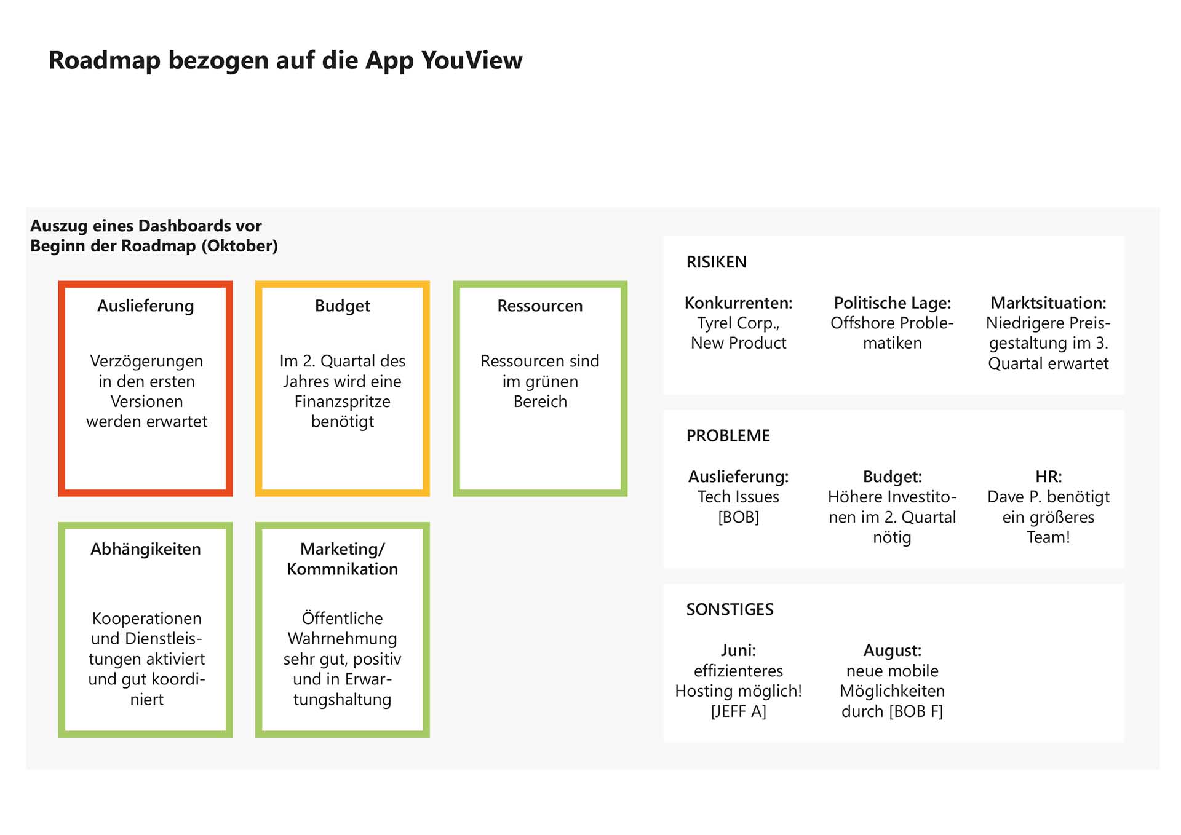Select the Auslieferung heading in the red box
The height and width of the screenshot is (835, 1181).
[x=146, y=306]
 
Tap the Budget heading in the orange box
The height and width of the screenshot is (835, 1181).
[x=343, y=306]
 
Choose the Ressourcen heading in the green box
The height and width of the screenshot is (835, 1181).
[x=540, y=306]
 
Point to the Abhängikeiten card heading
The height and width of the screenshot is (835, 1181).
[x=146, y=549]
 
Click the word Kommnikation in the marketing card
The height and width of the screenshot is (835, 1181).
[x=343, y=569]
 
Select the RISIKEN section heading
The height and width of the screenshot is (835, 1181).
[x=717, y=262]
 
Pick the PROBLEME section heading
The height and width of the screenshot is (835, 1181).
[x=728, y=436]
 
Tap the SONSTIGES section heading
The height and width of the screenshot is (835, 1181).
[x=730, y=609]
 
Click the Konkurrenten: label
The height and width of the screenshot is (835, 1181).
[x=739, y=303]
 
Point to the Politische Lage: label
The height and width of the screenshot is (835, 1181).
[x=893, y=303]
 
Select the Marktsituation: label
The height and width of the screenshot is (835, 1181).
[x=1049, y=303]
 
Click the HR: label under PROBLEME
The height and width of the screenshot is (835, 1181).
[x=1049, y=477]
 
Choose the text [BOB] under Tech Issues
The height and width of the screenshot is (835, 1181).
[x=739, y=517]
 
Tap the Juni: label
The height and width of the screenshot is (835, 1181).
[x=739, y=651]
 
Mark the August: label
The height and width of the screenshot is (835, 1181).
[x=893, y=651]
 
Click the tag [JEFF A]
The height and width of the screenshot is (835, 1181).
[x=739, y=711]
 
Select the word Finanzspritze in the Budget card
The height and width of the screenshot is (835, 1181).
[x=343, y=402]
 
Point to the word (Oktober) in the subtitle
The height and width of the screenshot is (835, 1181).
[x=239, y=246]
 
